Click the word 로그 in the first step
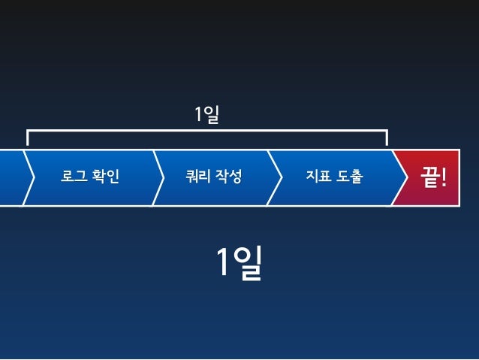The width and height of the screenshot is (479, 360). coord(73,177)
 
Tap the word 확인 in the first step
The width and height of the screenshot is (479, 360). coord(106,177)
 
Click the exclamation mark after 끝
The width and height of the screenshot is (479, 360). coord(445,178)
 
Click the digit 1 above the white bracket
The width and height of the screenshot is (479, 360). coord(199,115)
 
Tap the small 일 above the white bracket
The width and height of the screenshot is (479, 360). coord(212,115)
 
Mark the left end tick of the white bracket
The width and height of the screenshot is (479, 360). coord(28,138)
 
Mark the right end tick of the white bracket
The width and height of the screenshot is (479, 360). coord(387,138)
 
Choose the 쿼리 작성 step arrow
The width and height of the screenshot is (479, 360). coord(214,192)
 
